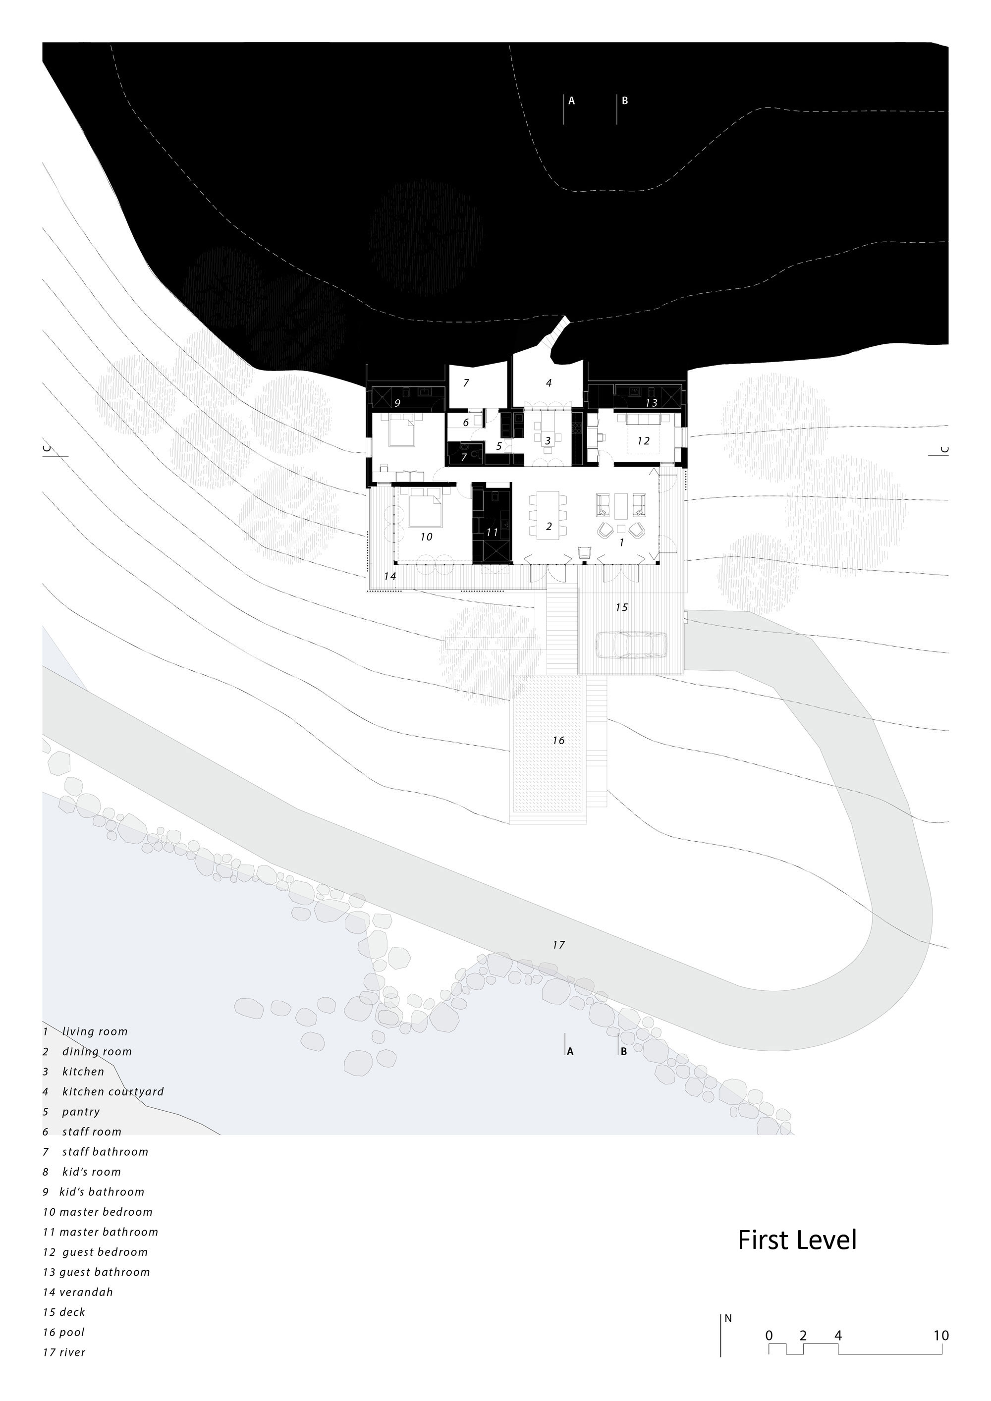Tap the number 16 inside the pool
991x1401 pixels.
558,740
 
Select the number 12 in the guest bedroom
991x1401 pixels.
643,440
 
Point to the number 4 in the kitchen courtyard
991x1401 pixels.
549,383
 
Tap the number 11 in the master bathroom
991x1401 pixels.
492,532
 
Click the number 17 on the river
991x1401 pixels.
558,945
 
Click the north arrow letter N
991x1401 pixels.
728,1318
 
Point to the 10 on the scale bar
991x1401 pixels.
941,1335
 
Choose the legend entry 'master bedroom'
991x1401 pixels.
106,1212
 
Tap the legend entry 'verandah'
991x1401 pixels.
86,1292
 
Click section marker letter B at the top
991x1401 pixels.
625,101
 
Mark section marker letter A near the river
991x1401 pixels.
570,1051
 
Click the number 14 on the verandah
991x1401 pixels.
390,576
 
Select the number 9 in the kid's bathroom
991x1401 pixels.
397,403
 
